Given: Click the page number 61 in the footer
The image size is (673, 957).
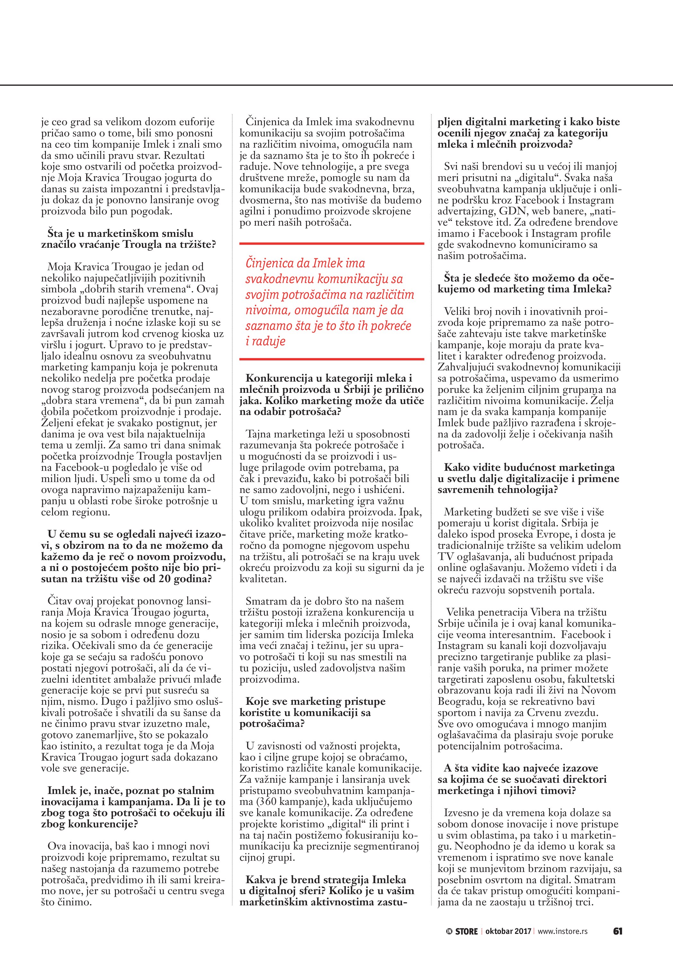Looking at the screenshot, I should click(x=617, y=931).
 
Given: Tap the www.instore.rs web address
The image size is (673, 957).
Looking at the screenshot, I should click(x=563, y=931).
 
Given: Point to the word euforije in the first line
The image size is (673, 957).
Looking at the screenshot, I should click(x=195, y=122).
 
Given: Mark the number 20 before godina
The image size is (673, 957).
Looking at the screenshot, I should click(x=166, y=579).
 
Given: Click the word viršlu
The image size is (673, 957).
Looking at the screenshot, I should click(x=56, y=345).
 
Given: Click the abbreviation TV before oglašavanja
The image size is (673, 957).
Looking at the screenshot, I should click(x=446, y=557).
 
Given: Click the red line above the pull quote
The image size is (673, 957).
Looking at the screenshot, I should click(x=331, y=243).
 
